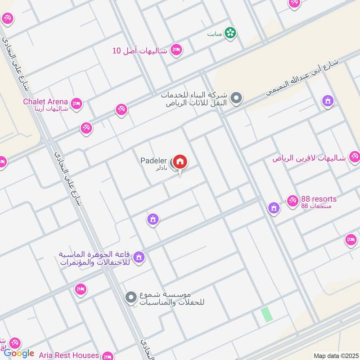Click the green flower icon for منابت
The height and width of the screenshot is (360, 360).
click(x=231, y=33)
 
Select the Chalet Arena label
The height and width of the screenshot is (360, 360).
click(x=45, y=102)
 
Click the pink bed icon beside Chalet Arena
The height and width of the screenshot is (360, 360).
click(x=76, y=103)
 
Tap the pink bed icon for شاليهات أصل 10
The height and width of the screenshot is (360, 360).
click(x=176, y=49)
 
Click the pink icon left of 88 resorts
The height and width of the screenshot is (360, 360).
click(x=292, y=199)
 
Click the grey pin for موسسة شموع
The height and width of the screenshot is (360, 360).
click(x=131, y=297)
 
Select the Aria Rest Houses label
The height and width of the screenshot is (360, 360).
click(x=72, y=355)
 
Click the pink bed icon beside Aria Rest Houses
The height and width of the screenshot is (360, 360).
click(x=107, y=356)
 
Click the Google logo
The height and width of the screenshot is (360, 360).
click(x=19, y=353)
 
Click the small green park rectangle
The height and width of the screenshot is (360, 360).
click(x=267, y=314)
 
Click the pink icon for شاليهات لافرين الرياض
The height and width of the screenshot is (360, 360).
click(x=354, y=157)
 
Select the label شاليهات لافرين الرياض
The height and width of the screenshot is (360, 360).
click(x=308, y=158)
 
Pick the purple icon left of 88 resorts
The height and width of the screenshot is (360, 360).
click(x=273, y=207)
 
